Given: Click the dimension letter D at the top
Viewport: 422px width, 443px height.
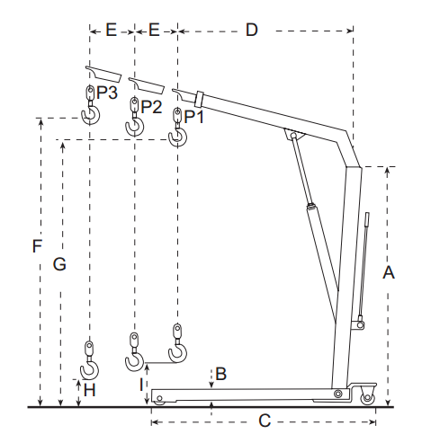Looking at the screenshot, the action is (252, 30).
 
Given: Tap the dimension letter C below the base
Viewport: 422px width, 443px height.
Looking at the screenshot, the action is (265, 421).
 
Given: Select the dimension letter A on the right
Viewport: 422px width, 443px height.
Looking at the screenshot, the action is (389, 272).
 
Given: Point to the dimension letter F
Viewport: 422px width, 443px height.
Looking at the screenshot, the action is (37, 246).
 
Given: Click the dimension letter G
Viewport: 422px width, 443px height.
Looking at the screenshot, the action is (59, 264).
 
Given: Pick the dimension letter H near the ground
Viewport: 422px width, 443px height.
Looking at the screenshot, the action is (89, 390).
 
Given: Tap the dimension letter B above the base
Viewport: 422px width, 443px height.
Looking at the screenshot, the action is (221, 374).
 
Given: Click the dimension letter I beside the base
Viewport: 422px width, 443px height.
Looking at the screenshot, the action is (141, 385).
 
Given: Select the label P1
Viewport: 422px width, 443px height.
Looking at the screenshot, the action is (193, 117).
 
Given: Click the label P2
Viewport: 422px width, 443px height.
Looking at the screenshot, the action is (151, 107).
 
